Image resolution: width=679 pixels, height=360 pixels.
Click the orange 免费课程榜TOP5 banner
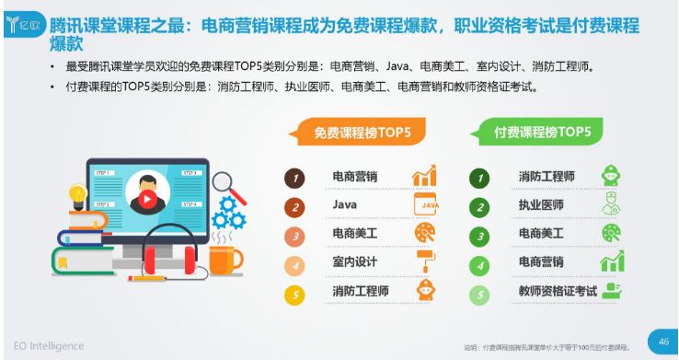pos(362,133)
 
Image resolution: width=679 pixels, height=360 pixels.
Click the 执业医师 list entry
pos(541,204)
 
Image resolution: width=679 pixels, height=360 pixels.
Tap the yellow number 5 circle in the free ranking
pos(294,295)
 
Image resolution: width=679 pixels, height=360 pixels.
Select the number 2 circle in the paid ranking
pos(479,206)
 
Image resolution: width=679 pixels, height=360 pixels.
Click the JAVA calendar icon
pos(425,203)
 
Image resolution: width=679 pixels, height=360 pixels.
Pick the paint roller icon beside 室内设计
pos(425,261)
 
